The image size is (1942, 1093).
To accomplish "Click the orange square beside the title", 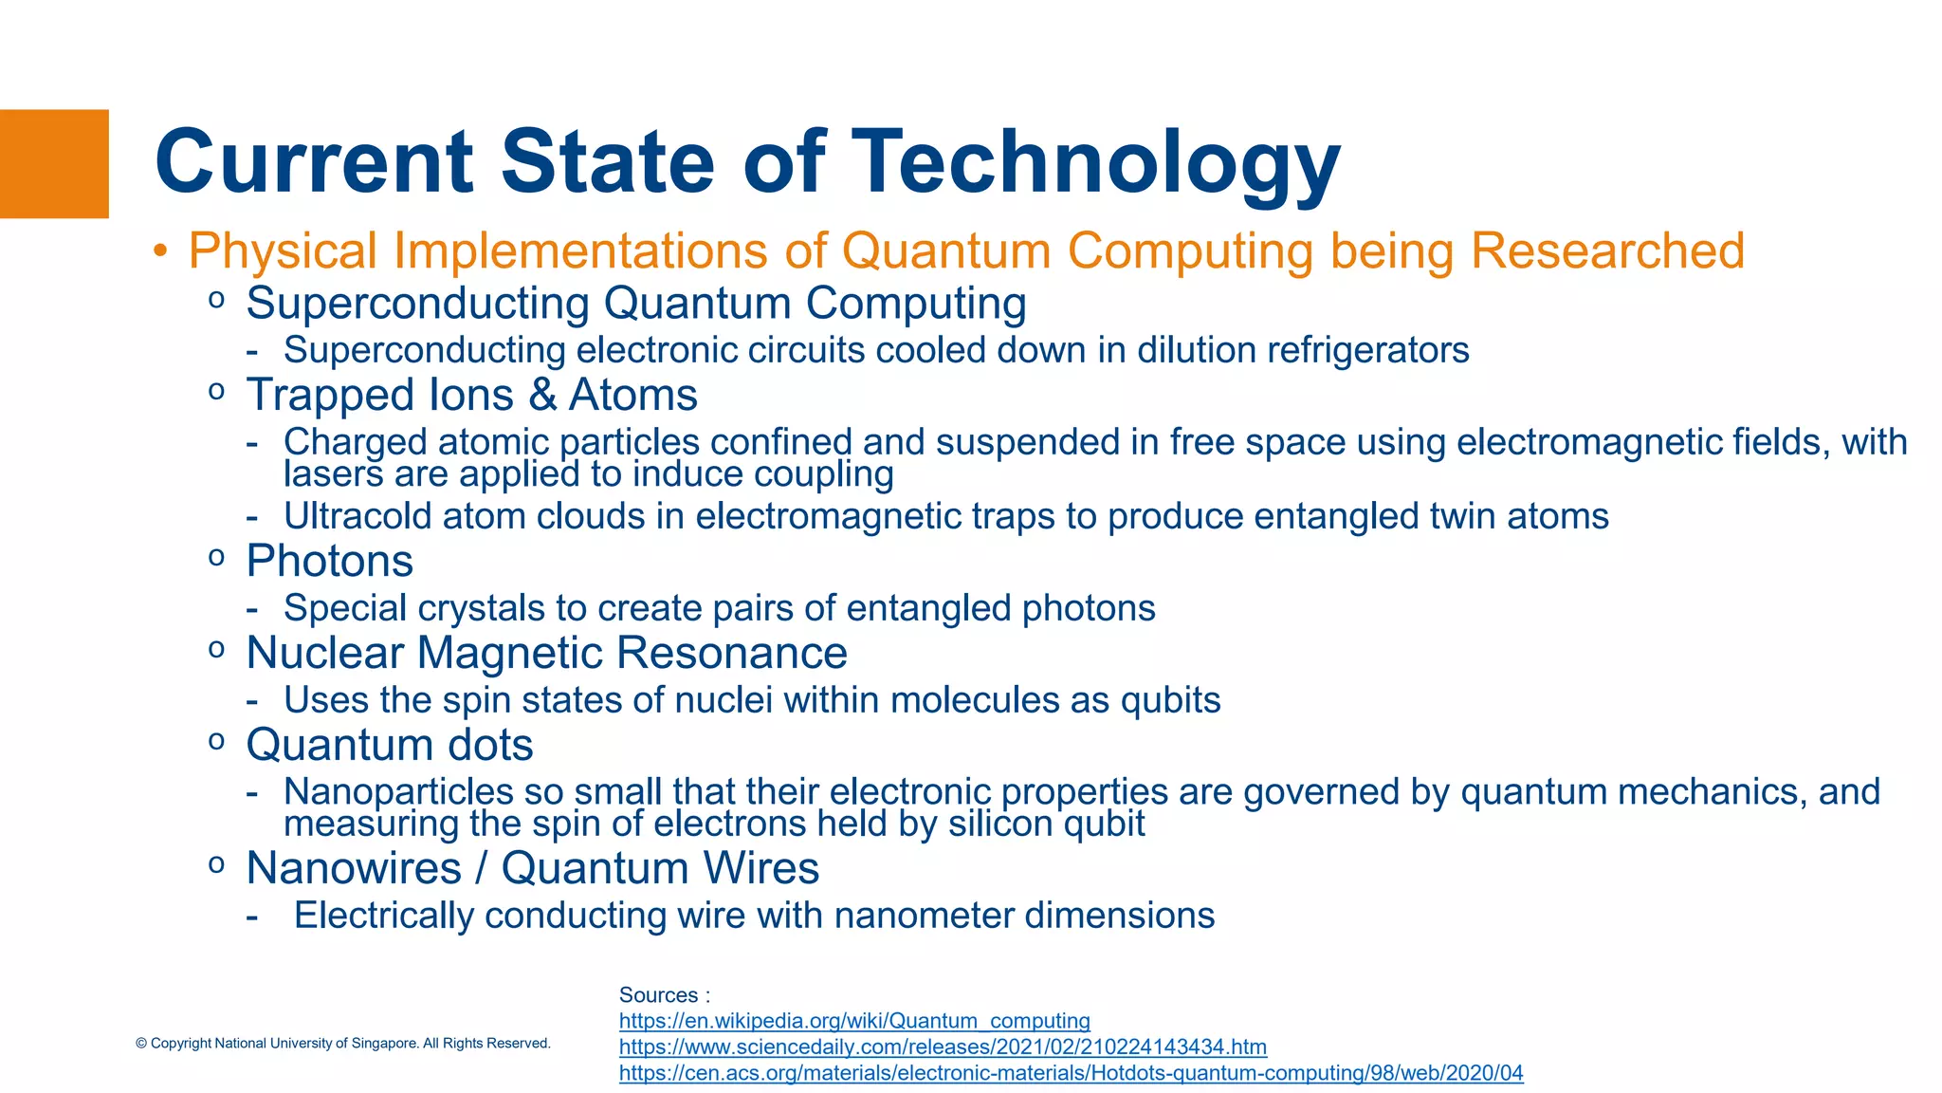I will pyautogui.click(x=54, y=164).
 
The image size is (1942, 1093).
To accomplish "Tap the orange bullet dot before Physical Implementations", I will pyautogui.click(x=160, y=251).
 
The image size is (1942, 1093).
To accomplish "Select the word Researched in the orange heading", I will pyautogui.click(x=1606, y=251).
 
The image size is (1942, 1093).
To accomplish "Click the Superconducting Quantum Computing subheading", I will pyautogui.click(x=635, y=304).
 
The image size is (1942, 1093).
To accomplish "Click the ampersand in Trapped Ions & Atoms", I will pyautogui.click(x=542, y=395).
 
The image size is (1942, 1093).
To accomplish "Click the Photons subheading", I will pyautogui.click(x=329, y=561).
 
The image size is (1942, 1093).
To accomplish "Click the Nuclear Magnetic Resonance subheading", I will pyautogui.click(x=546, y=653).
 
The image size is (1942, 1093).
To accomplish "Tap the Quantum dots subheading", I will pyautogui.click(x=389, y=745).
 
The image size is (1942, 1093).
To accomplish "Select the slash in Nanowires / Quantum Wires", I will pyautogui.click(x=481, y=868).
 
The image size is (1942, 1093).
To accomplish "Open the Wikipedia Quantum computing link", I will pyautogui.click(x=854, y=1021).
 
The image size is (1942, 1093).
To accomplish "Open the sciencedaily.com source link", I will pyautogui.click(x=943, y=1047).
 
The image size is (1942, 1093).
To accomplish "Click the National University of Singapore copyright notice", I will pyautogui.click(x=342, y=1043).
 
